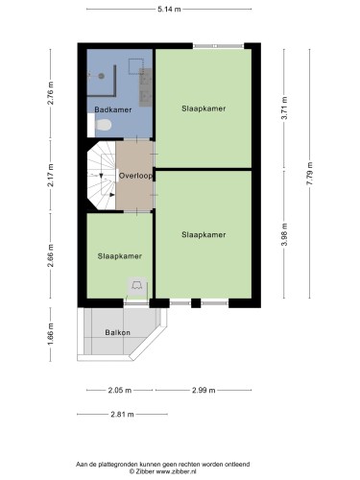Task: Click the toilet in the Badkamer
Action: point(104,125)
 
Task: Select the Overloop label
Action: point(135,176)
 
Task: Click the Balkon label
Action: point(118,332)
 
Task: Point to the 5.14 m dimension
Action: point(169,10)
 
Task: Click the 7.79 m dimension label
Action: point(309,174)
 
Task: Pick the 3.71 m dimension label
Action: point(284,108)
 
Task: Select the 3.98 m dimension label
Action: point(285,234)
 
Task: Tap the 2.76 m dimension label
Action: point(51,93)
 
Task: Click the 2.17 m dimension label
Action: point(51,175)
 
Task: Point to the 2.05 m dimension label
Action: point(119,390)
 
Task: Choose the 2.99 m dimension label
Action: point(204,390)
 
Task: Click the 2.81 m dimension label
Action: point(122,415)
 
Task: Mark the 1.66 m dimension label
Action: point(51,334)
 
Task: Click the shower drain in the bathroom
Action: point(102,76)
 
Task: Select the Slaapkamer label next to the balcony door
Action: point(120,256)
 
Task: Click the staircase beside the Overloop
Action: point(102,176)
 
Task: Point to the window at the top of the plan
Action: point(219,46)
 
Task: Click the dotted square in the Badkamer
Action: point(135,66)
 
